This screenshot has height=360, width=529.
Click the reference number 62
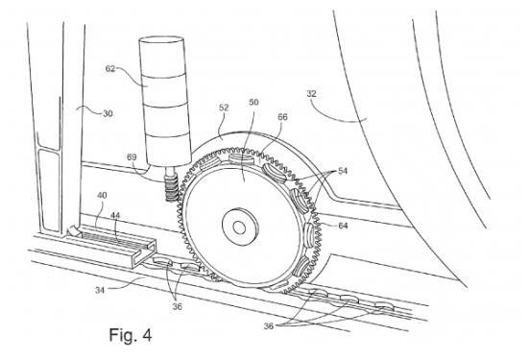pos(110,68)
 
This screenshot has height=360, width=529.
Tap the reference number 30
pos(108,113)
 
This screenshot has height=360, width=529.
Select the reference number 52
pos(224,108)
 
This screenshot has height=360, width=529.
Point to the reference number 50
pos(253,102)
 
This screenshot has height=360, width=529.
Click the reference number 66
pos(282,117)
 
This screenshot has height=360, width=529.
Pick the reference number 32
pos(311,93)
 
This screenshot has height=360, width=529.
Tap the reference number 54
pos(343,171)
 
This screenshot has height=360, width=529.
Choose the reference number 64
pos(343,225)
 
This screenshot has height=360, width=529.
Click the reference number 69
pos(132,157)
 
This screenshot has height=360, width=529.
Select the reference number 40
pos(102,195)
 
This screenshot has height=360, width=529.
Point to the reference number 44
pos(115,215)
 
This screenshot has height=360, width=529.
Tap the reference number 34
pos(100,290)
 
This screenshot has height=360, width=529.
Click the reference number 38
pos(269,326)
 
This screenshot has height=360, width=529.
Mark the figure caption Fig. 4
pos(131,335)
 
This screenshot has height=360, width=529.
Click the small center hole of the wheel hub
pos(239,228)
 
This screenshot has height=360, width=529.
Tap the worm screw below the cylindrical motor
pos(172,185)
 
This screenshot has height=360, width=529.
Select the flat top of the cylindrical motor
pos(161,39)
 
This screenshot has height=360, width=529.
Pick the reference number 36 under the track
pos(177,306)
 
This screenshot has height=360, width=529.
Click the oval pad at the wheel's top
pos(241,158)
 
